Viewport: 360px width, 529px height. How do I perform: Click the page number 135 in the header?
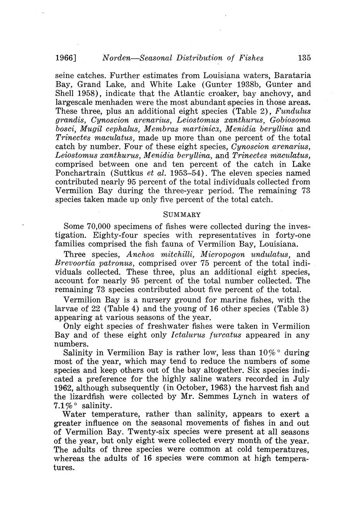click(304, 58)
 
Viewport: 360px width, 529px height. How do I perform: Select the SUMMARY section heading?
click(182, 214)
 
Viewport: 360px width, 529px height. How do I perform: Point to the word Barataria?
click(293, 76)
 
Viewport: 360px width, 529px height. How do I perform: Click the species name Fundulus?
click(294, 111)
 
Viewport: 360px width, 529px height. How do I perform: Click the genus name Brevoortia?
click(74, 264)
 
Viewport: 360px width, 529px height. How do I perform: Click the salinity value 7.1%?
click(65, 405)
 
